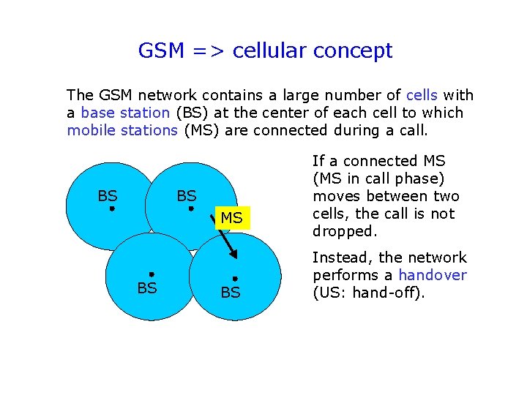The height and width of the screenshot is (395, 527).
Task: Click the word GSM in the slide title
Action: coord(162,51)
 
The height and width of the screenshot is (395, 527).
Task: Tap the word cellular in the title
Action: coord(269,51)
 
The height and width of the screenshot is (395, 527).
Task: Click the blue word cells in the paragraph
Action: coord(422,95)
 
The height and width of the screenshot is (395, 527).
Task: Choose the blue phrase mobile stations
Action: coord(122,130)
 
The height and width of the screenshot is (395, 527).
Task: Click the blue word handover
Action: coord(432,275)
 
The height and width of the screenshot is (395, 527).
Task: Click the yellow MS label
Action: coord(231,219)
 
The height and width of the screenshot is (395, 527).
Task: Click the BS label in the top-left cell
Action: coord(108,195)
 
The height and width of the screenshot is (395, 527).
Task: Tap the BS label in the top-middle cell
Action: coord(187,195)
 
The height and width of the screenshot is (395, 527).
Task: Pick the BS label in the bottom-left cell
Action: coord(147,288)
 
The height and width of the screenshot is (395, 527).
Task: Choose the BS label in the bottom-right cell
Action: coord(231,293)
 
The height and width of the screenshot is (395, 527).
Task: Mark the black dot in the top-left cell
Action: coord(111,208)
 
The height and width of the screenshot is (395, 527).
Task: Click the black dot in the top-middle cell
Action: coord(190,208)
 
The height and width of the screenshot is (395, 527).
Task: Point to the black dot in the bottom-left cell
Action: coord(151,274)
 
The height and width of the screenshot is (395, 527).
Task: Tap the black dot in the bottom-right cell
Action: coord(234,279)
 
